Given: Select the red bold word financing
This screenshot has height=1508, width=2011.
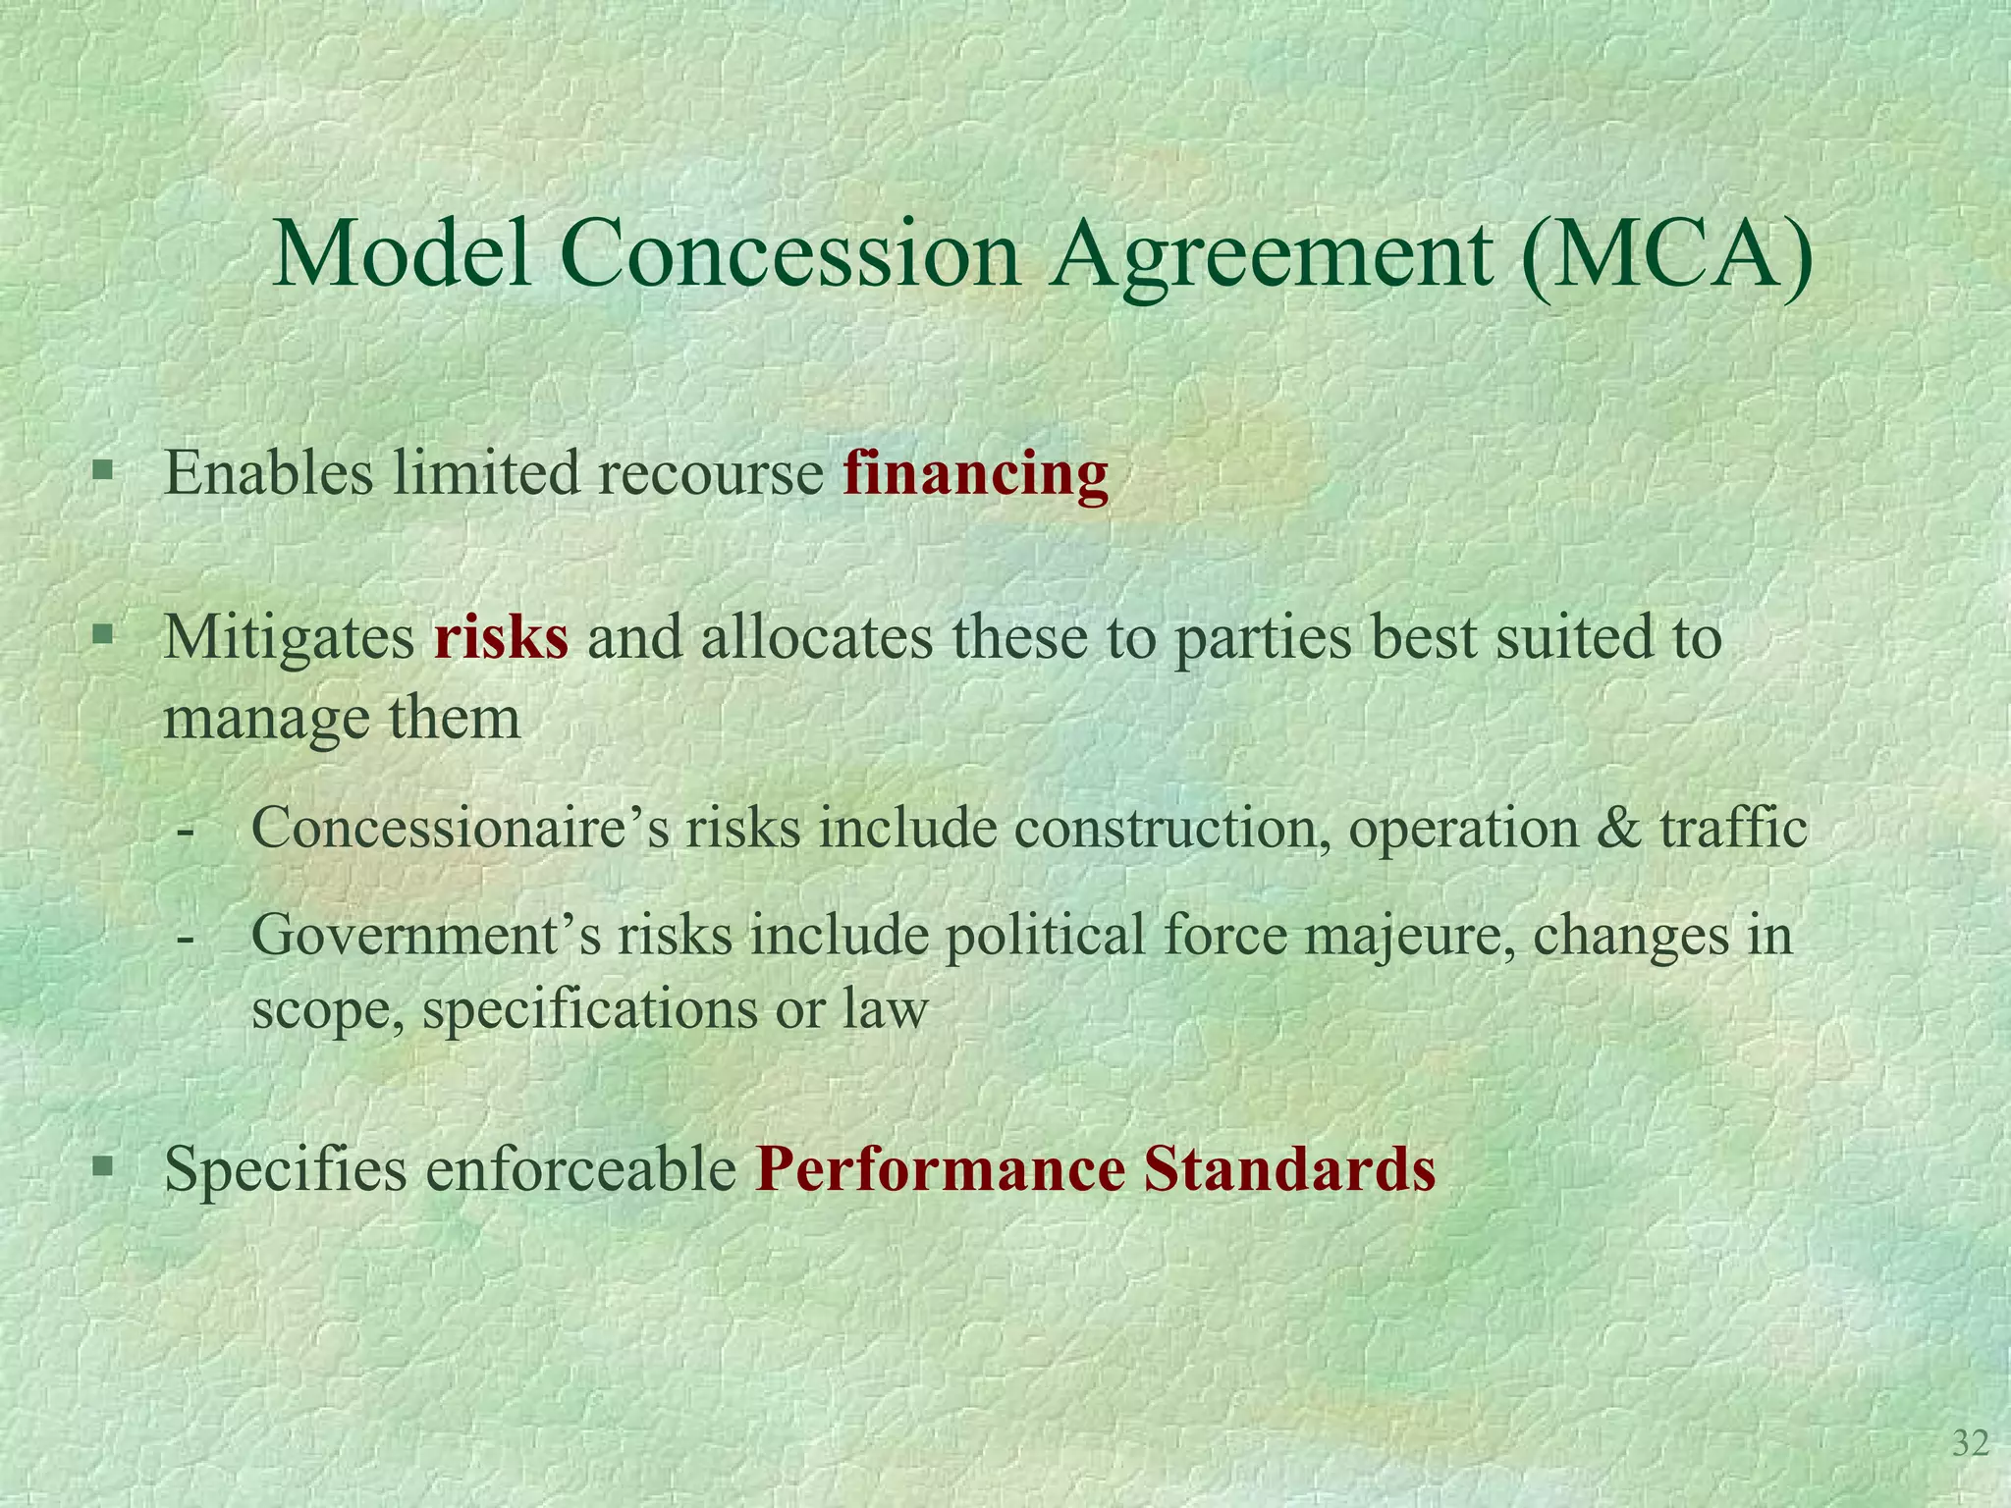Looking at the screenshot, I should pyautogui.click(x=975, y=475).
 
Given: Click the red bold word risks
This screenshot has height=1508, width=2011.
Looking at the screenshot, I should pyautogui.click(x=501, y=638).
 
